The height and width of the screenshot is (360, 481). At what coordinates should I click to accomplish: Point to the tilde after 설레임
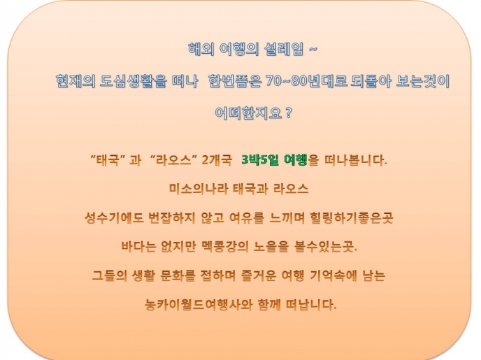[x=313, y=49]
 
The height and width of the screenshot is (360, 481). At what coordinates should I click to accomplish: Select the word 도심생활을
[x=134, y=81]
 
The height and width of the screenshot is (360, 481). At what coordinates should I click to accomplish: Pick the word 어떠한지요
[x=248, y=113]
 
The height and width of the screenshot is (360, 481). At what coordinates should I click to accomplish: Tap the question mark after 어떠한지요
[x=288, y=113]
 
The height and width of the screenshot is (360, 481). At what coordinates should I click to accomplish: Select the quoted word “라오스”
[x=174, y=160]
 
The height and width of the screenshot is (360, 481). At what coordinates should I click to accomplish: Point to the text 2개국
[x=217, y=160]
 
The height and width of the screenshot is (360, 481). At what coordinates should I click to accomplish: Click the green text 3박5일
[x=260, y=160]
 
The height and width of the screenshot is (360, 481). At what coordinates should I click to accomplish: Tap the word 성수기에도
[x=114, y=217]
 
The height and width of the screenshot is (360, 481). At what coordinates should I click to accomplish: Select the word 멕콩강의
[x=225, y=247]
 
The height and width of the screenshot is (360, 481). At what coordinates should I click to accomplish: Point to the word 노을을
[x=271, y=247]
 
